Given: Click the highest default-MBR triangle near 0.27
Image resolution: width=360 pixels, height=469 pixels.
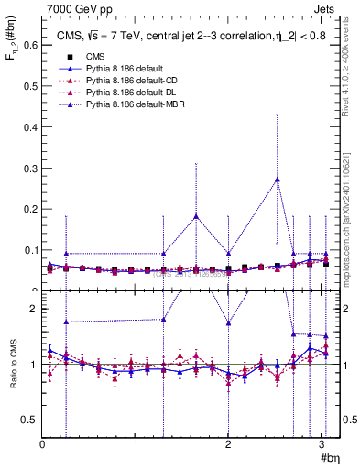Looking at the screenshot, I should point(278,179).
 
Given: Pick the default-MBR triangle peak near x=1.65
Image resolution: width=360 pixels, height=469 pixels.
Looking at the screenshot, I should point(196,216).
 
